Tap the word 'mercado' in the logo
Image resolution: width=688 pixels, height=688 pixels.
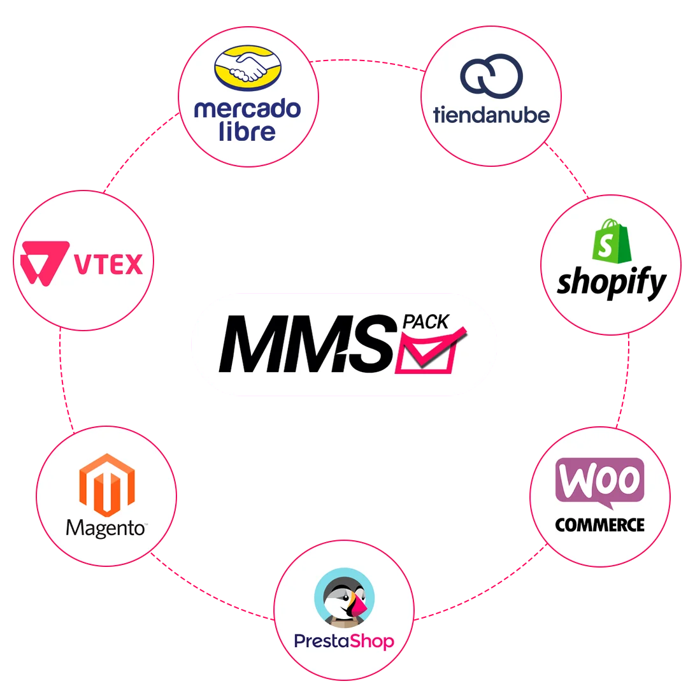[x=247, y=109]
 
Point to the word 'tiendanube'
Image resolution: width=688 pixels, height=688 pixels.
[x=491, y=115]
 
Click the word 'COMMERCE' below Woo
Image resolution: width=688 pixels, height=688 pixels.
[x=599, y=525]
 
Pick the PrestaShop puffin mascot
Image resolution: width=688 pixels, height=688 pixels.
[x=344, y=599]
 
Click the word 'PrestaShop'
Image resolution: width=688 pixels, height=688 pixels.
[x=344, y=641]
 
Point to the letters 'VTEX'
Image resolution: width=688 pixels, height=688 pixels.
[x=109, y=263]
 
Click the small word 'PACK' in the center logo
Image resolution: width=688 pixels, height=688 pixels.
[x=426, y=321]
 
